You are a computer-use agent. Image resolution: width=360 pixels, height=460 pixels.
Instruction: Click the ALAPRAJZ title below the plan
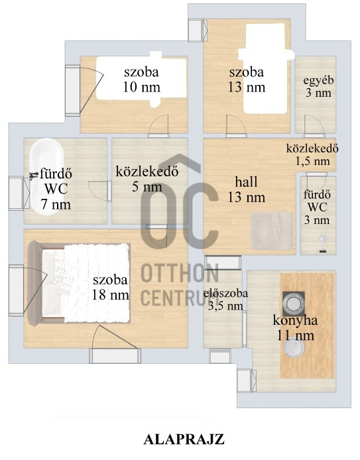pos(180,439)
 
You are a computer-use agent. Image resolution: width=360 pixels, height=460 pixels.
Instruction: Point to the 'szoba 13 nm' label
pos(247,79)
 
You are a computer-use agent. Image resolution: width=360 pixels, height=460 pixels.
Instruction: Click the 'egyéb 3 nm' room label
pos(318,87)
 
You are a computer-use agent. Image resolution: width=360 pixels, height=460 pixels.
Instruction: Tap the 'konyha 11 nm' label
pos(296,327)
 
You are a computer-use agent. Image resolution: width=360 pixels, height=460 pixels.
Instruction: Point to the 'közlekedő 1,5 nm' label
pos(313,154)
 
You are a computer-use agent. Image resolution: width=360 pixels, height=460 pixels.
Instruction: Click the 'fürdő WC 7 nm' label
pos(56,190)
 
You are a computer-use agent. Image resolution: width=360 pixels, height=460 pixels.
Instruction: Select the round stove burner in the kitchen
pos(292,304)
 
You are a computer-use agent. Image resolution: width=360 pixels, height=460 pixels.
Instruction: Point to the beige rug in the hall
pos(272,232)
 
